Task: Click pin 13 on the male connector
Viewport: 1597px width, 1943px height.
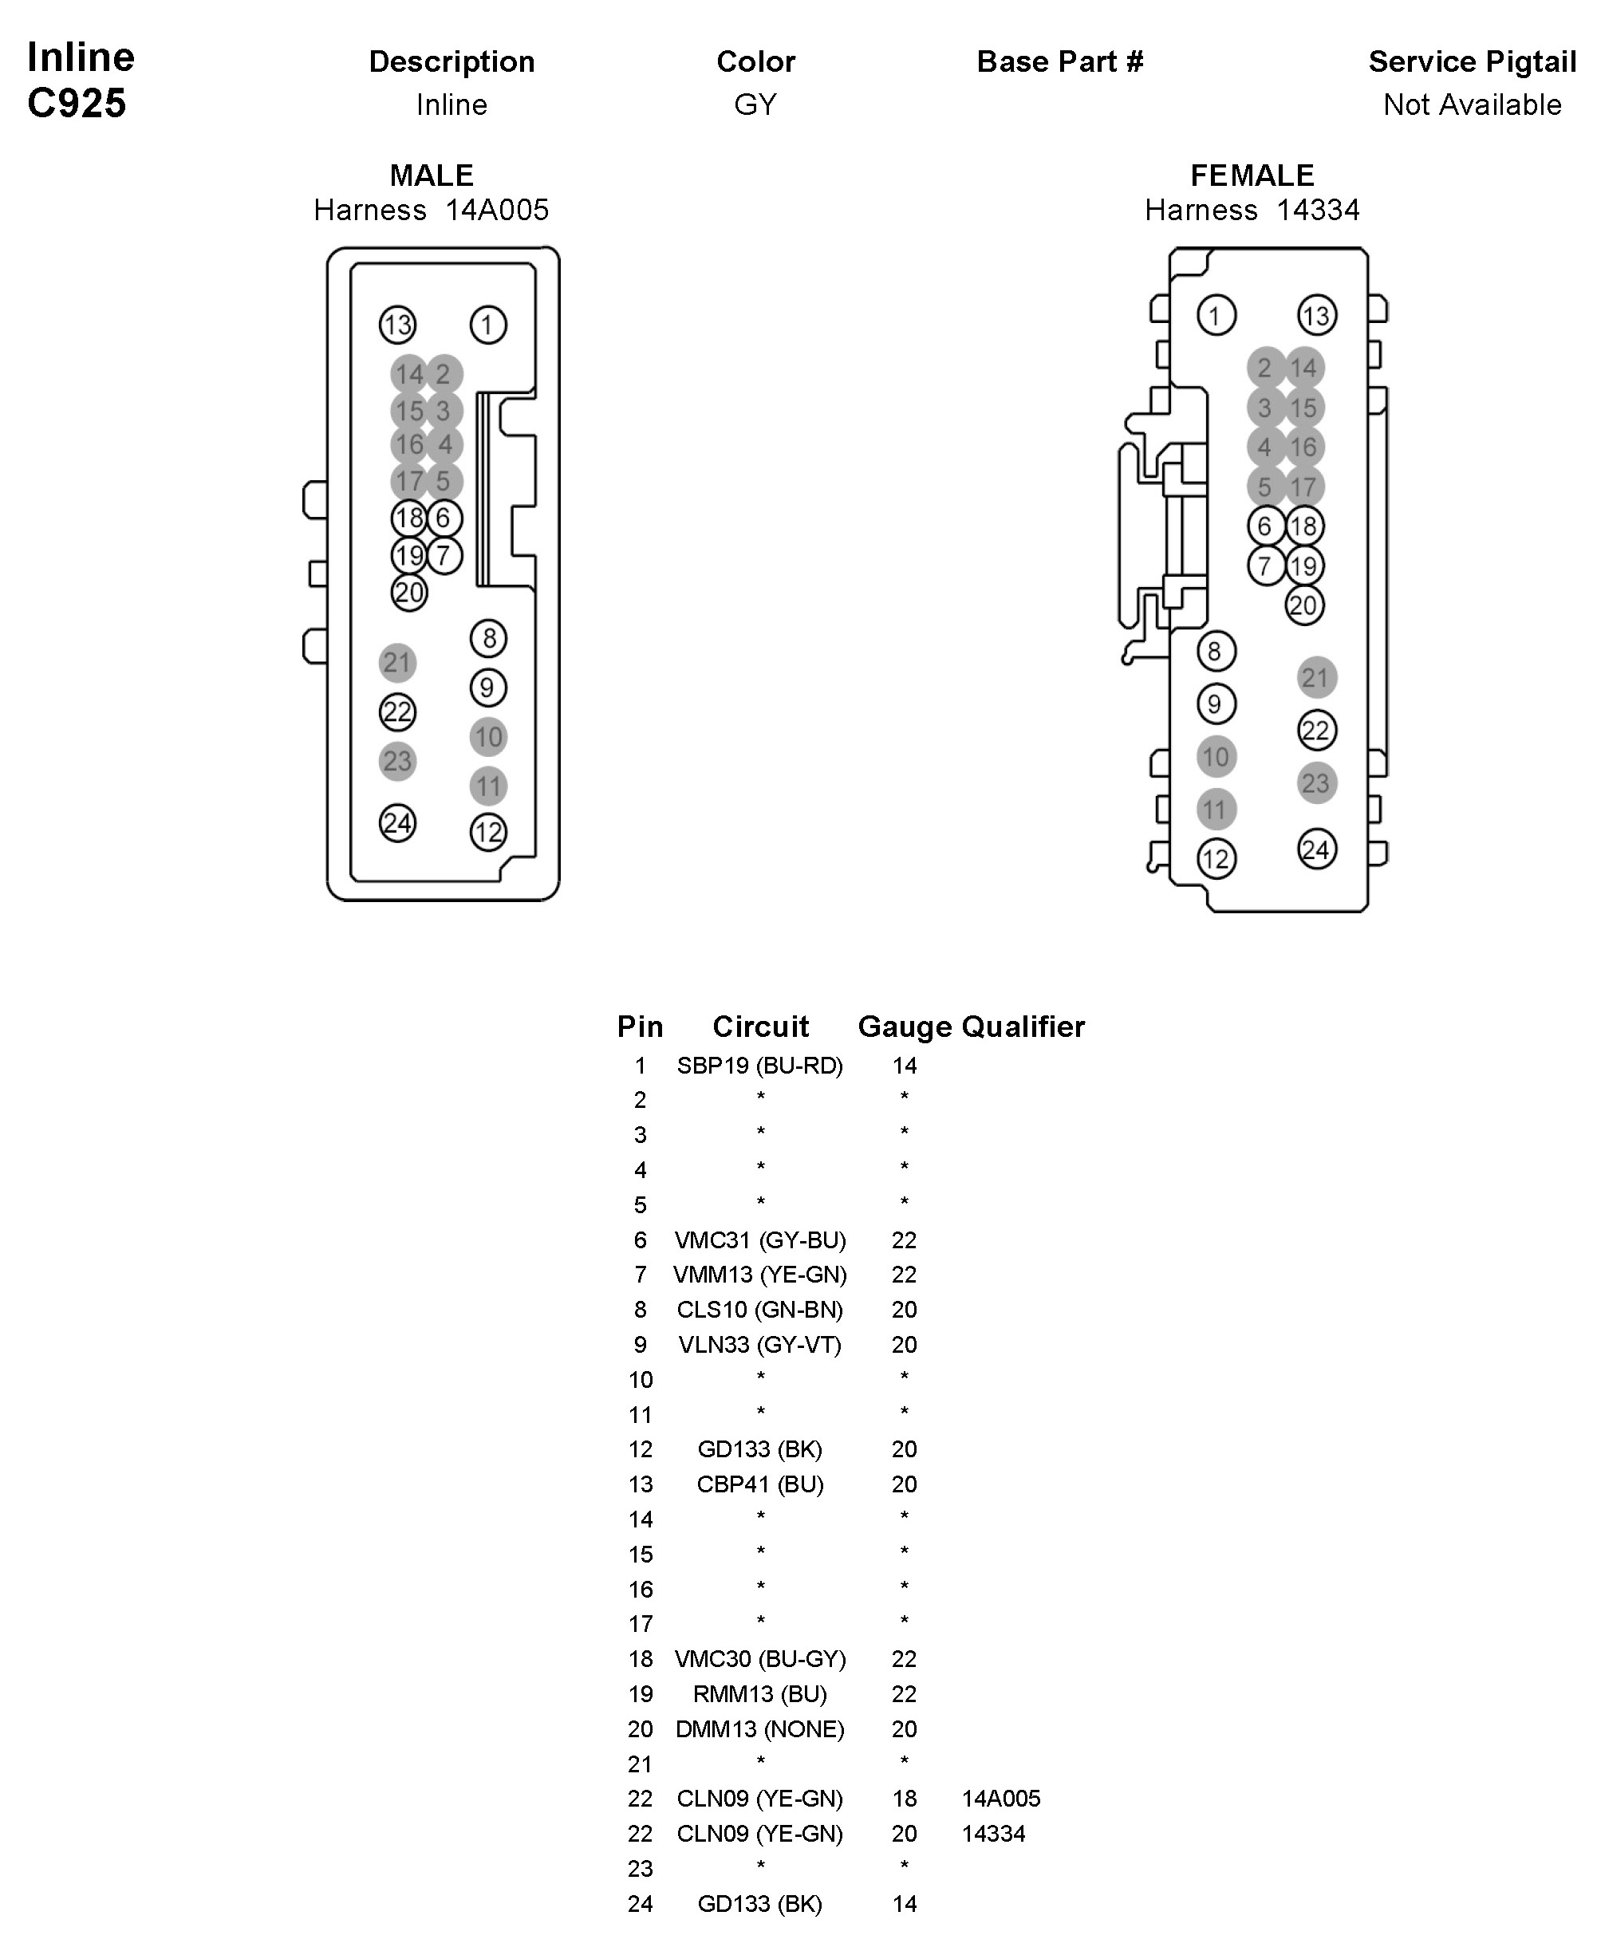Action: [397, 324]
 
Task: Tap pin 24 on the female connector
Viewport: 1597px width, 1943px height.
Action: [1316, 849]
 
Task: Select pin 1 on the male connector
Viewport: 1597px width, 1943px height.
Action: [487, 324]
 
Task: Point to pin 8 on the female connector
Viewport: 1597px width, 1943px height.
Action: [1215, 652]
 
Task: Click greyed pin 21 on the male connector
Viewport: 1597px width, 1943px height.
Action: [397, 662]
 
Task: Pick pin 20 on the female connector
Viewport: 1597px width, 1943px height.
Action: [1303, 605]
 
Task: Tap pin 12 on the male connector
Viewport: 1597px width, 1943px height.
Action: [487, 833]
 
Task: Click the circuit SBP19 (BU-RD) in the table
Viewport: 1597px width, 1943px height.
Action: [760, 1066]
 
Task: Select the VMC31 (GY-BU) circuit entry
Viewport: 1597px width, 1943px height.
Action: [760, 1240]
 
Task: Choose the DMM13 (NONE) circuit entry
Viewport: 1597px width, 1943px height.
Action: [760, 1728]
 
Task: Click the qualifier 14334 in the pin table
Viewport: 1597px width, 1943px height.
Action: [993, 1834]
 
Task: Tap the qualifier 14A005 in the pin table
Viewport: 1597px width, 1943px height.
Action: [1001, 1799]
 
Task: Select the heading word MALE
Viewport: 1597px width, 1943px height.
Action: [432, 175]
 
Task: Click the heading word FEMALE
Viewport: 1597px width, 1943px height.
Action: [1252, 175]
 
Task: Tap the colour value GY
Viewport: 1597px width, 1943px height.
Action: [755, 104]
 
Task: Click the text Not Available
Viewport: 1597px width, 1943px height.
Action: [1472, 104]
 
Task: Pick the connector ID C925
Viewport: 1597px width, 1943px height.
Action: [77, 103]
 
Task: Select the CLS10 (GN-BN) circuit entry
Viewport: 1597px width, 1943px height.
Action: [760, 1309]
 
